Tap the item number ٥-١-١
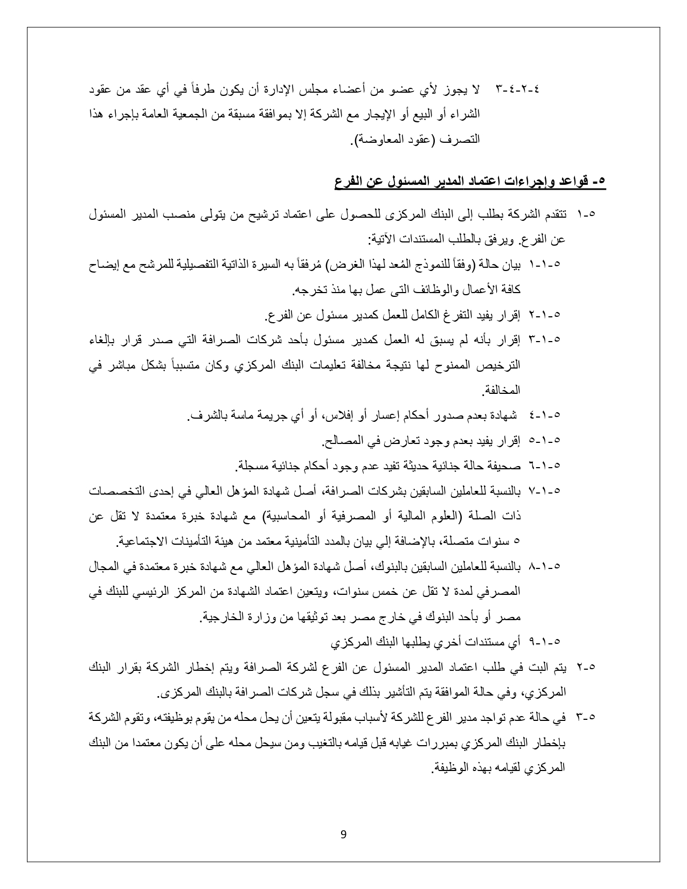(546, 265)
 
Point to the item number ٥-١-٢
(546, 314)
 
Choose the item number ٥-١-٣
(546, 339)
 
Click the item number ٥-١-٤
(546, 415)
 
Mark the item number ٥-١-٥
(546, 440)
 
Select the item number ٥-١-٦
(546, 465)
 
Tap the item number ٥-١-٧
(546, 490)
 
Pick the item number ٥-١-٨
(546, 566)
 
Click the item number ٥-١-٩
(546, 642)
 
